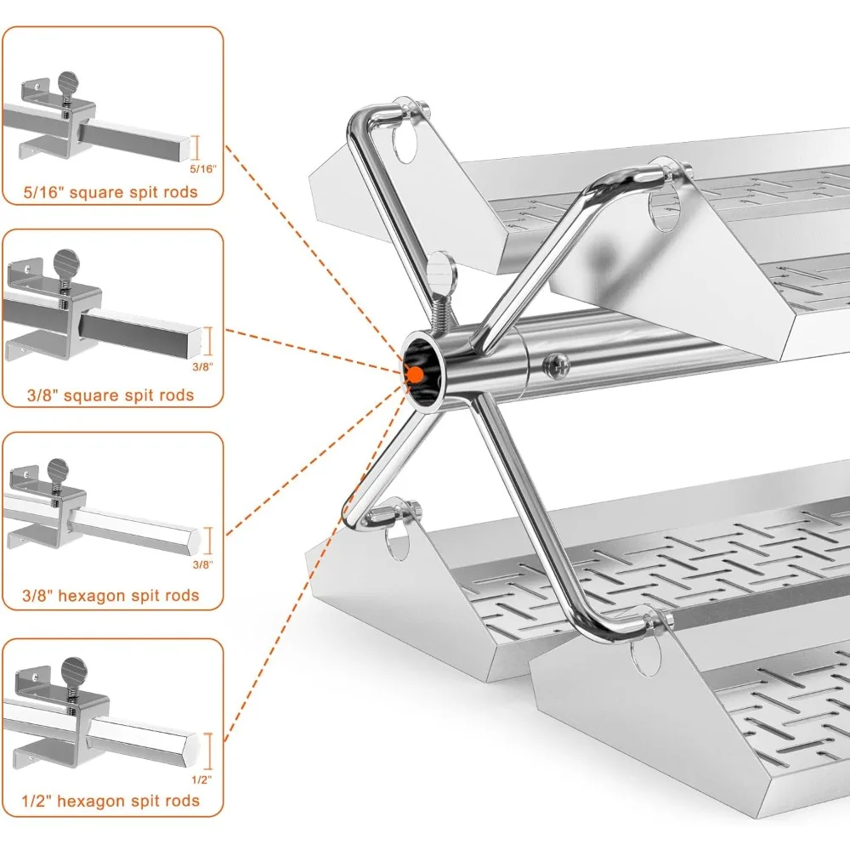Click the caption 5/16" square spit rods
click(111, 192)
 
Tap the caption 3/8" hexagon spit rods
click(111, 595)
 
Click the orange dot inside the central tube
click(415, 371)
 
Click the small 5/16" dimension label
click(204, 169)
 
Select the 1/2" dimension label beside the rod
click(201, 779)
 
